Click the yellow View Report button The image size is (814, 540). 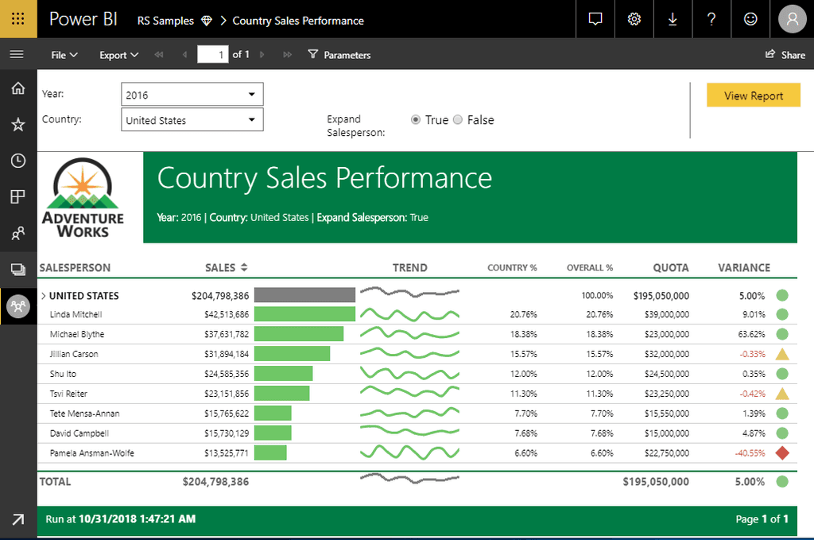[x=753, y=95]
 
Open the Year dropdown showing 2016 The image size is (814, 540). [x=192, y=95]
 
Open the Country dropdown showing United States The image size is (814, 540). [x=192, y=120]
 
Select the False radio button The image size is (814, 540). [x=458, y=120]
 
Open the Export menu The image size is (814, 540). [x=118, y=55]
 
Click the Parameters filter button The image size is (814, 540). [x=339, y=55]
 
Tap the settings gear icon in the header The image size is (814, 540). [x=634, y=19]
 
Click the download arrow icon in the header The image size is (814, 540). [x=673, y=19]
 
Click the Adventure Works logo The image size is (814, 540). [x=83, y=198]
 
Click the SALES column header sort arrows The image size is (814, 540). [x=244, y=268]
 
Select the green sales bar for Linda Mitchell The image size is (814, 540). [x=304, y=314]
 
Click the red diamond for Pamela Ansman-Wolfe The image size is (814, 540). [x=782, y=453]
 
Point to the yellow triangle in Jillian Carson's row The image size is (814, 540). [x=782, y=354]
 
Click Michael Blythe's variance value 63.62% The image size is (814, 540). [x=752, y=334]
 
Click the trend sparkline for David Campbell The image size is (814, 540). [x=409, y=433]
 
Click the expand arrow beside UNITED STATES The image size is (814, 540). [x=44, y=296]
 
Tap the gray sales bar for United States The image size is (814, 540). [x=304, y=295]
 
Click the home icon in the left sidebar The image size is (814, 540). [x=17, y=87]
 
